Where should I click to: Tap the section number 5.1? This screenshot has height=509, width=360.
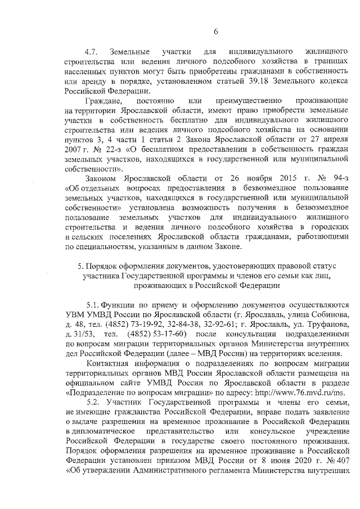coord(93,303)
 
